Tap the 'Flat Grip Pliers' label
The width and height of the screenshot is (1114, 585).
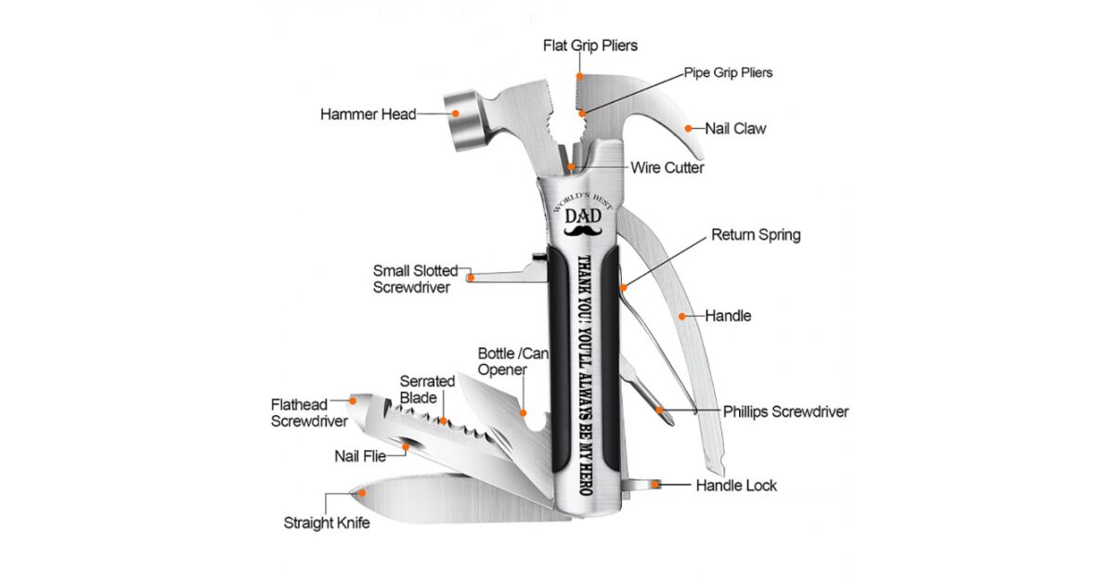[x=590, y=45]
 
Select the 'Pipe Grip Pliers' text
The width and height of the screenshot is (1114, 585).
[x=728, y=72]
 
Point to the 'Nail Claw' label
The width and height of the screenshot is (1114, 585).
[x=735, y=129]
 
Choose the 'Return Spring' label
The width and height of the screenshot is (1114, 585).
[x=756, y=235]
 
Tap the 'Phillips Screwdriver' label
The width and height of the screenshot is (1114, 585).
[x=785, y=411]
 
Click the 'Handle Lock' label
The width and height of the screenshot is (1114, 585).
[x=736, y=485]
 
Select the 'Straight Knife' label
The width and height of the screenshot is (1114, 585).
[x=327, y=523]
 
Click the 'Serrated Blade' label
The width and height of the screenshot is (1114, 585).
[x=427, y=389]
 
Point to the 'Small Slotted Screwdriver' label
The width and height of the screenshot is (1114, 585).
[x=415, y=279]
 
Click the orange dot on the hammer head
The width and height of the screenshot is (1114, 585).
[x=456, y=114]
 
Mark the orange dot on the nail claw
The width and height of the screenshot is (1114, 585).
[x=688, y=129]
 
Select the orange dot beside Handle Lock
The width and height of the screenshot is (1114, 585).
[x=659, y=484]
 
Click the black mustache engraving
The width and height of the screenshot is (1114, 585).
[x=583, y=227]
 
